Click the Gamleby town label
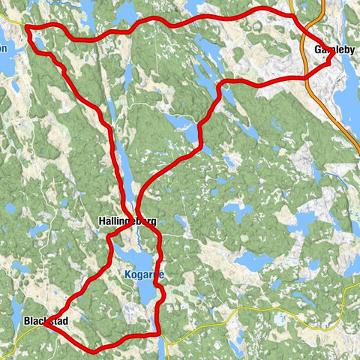pos(334,50)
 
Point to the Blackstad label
pos(46,321)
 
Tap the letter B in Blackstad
pos(27,321)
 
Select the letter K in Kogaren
pos(127,275)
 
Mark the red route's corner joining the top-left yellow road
pos(28,29)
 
